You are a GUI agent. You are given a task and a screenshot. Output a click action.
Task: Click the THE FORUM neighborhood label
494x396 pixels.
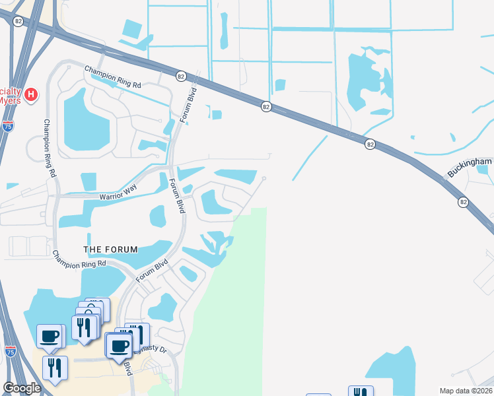click(110, 249)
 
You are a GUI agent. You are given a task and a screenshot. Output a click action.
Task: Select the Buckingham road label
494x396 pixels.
click(470, 166)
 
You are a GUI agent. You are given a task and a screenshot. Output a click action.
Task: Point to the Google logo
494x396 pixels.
click(22, 388)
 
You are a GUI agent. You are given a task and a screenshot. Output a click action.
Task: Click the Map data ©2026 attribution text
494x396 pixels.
click(466, 391)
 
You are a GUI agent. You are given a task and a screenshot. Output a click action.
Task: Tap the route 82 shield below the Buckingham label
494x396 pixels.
click(464, 202)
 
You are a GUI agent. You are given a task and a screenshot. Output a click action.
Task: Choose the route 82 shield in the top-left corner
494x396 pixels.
click(18, 21)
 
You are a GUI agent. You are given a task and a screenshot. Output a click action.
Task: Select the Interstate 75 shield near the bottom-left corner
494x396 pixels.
click(10, 351)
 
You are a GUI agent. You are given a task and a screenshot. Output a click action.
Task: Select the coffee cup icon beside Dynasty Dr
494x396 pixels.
click(120, 345)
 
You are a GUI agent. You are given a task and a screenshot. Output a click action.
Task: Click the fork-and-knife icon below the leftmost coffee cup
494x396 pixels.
click(54, 367)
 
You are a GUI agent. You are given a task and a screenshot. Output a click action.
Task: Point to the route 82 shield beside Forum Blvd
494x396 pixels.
click(181, 77)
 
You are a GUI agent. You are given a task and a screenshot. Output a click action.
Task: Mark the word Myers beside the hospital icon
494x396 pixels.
click(11, 101)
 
